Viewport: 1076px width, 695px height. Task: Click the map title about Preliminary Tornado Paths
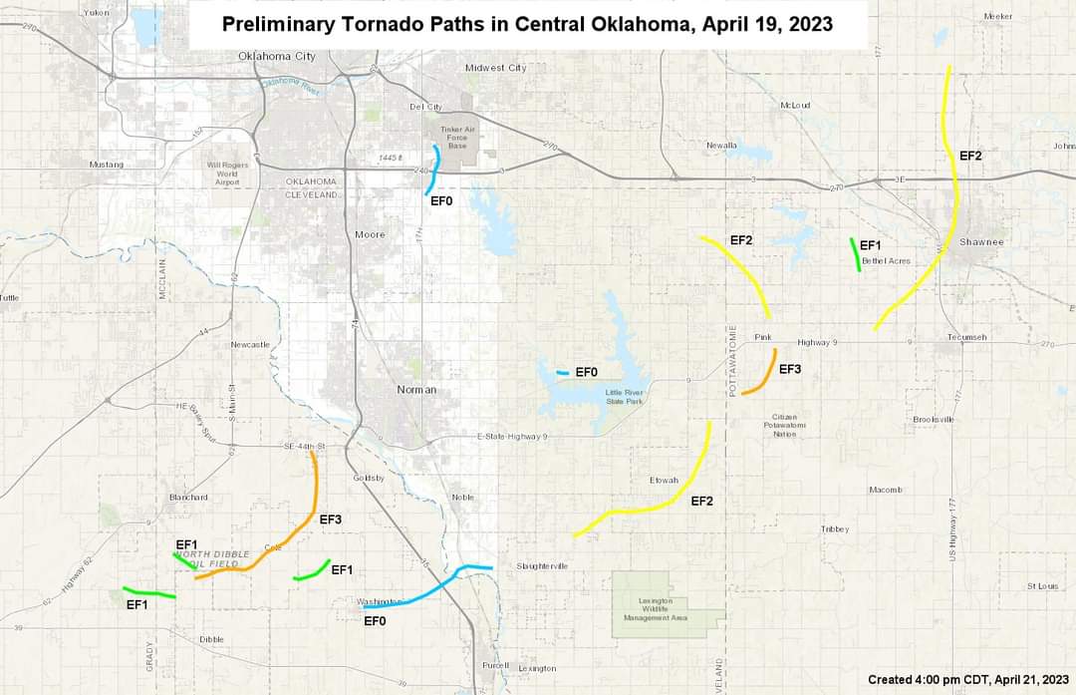[527, 24]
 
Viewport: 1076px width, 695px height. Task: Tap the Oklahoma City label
[277, 56]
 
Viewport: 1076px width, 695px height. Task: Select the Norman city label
[416, 389]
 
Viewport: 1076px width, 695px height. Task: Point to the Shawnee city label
[981, 242]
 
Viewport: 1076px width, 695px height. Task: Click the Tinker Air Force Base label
[457, 138]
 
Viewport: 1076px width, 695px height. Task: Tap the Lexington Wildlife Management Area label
[656, 609]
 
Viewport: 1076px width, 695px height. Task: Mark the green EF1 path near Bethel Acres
[855, 254]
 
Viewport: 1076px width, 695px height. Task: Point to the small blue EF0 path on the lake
[563, 373]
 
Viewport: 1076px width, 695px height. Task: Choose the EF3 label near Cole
[331, 520]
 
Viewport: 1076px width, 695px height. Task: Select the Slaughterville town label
[542, 566]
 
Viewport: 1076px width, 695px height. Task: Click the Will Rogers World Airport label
[227, 174]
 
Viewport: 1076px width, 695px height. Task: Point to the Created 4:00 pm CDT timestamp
[967, 680]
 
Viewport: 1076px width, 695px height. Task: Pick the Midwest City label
[495, 68]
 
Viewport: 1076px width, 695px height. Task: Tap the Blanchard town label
[187, 497]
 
